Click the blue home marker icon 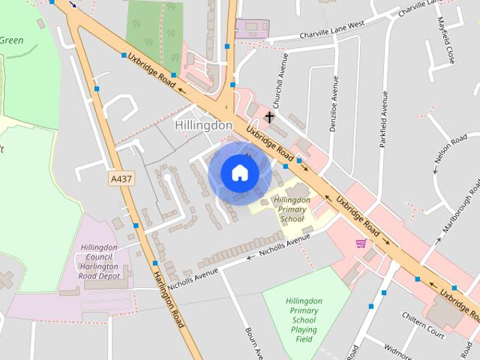coord(239,173)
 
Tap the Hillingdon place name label coord(203,125)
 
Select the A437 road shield coord(119,178)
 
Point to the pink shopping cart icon coord(361,243)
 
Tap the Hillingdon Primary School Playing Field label coord(304,320)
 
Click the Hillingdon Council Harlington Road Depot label coord(100,262)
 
